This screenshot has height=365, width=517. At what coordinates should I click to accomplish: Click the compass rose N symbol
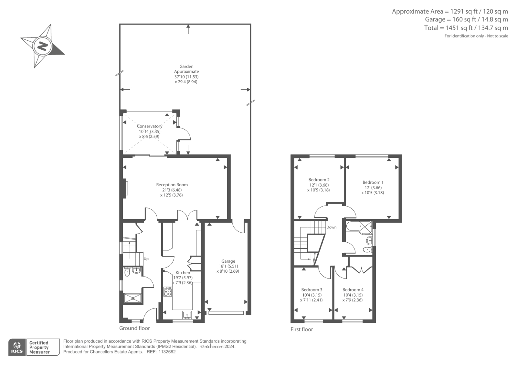42,46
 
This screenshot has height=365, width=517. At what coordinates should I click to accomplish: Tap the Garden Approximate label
186,69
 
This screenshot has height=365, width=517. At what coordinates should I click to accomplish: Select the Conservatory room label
149,126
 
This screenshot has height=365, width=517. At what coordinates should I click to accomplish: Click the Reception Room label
172,185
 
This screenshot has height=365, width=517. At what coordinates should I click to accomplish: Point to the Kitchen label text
183,273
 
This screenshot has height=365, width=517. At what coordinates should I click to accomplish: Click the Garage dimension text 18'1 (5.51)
228,266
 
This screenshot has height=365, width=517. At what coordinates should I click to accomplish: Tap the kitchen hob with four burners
168,292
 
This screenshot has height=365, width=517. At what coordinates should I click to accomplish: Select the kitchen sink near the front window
187,315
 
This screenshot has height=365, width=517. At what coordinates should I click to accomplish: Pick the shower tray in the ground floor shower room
133,299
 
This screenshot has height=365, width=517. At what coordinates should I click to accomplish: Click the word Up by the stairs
146,259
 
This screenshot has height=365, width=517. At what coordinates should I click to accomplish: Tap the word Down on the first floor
331,227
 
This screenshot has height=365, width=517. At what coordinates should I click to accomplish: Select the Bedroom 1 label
373,182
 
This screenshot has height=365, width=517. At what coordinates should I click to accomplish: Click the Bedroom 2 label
319,180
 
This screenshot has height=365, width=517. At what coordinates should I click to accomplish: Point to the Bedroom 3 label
311,290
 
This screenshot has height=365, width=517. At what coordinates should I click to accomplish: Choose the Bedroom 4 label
353,290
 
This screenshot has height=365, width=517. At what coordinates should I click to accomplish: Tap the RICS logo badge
17,347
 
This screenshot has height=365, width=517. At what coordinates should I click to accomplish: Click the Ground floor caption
134,328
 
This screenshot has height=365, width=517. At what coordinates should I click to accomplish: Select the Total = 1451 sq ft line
466,28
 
